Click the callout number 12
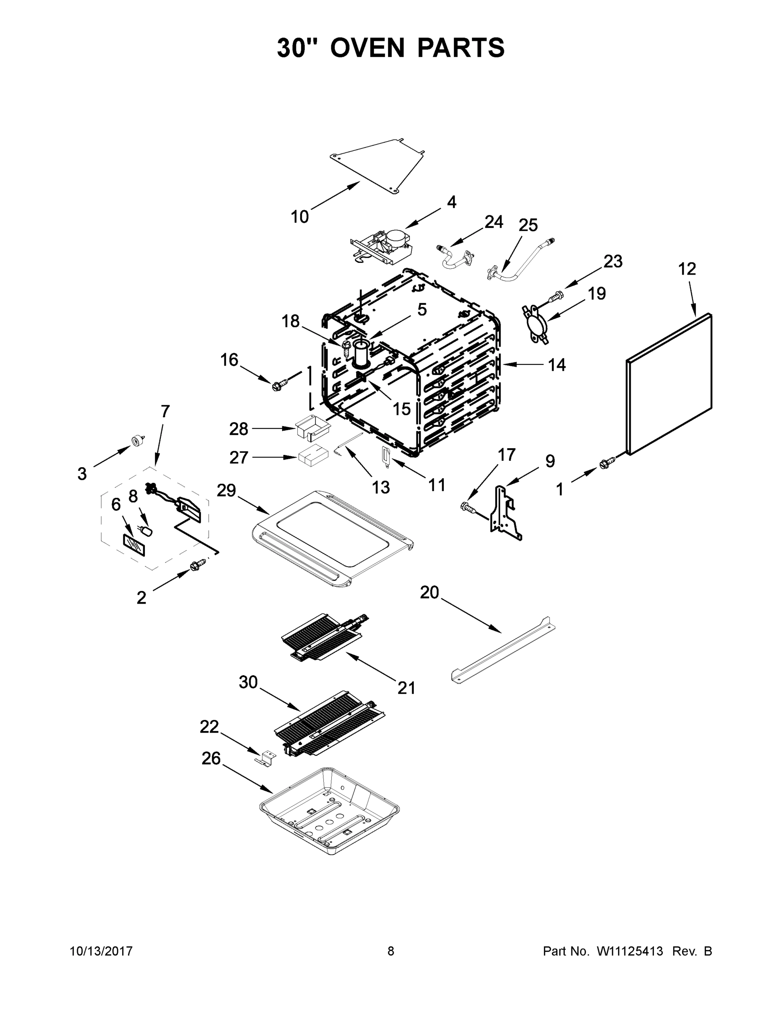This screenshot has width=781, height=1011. [x=687, y=269]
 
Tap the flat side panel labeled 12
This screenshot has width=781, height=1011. [x=669, y=384]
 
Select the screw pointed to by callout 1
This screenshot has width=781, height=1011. [x=607, y=463]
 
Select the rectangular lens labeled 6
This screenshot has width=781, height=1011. [x=133, y=545]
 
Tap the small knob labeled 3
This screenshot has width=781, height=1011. [x=137, y=440]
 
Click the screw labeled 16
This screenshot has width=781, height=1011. [x=280, y=384]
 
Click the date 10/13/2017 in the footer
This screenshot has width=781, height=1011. [x=101, y=951]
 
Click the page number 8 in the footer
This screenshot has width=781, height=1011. [x=391, y=951]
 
